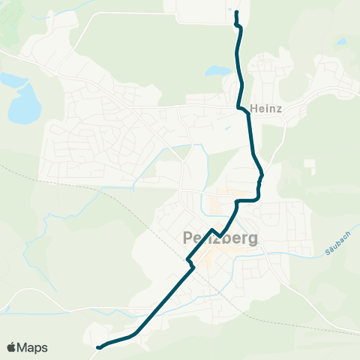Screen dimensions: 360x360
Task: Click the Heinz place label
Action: click(x=267, y=107)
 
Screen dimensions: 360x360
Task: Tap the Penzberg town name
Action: click(x=220, y=238)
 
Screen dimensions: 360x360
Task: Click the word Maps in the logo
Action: click(x=33, y=347)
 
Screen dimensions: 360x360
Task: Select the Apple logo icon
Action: click(x=12, y=347)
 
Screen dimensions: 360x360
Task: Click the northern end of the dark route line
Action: click(x=236, y=13)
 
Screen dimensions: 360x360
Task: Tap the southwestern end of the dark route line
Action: click(x=99, y=347)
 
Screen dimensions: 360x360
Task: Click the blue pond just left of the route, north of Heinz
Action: click(x=219, y=71)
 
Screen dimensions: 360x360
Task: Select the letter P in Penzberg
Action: click(x=188, y=238)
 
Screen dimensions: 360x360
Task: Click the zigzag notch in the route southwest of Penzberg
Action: click(x=190, y=262)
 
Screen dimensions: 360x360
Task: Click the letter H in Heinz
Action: click(x=256, y=107)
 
